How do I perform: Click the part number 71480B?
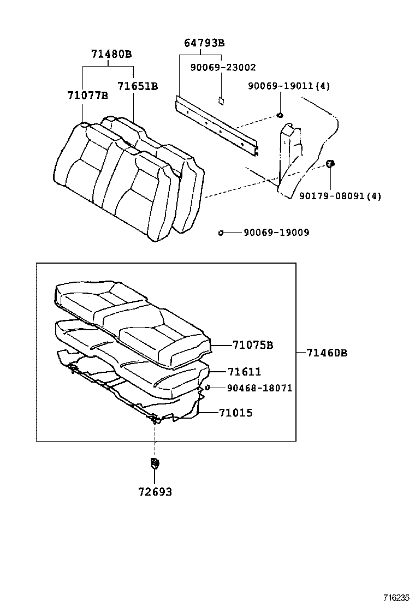(111, 54)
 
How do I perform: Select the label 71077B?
(87, 95)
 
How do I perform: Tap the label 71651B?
(138, 86)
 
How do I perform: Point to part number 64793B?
(204, 43)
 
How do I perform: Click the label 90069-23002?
(223, 68)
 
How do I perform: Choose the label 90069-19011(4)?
(289, 86)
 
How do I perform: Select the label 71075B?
(252, 345)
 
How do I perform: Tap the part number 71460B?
(327, 353)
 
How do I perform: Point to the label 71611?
(244, 372)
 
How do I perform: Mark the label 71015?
(235, 413)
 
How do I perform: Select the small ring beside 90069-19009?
(221, 233)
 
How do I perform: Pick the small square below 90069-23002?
(222, 100)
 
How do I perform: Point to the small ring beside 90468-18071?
(208, 388)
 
